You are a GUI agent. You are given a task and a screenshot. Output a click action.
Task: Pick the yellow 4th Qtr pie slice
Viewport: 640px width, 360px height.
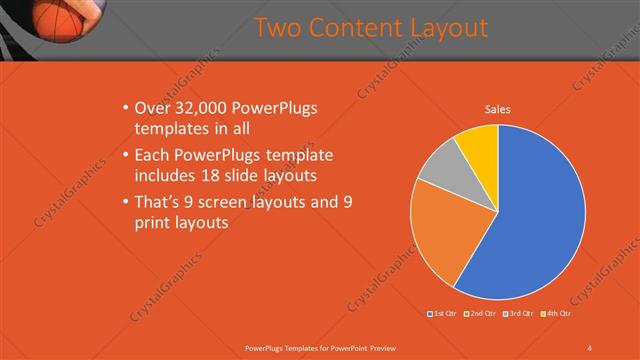[479, 145]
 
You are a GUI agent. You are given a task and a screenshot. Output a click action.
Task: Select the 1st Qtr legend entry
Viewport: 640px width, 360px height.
[442, 314]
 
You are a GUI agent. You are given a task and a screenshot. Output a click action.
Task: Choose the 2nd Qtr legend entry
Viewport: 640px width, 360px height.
[482, 314]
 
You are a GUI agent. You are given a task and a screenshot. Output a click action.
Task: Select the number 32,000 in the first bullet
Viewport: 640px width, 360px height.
[197, 108]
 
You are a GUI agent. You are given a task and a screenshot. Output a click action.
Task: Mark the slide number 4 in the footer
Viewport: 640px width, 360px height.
[589, 347]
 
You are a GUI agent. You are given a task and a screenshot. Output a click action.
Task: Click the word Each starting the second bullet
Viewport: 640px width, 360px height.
[152, 155]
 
